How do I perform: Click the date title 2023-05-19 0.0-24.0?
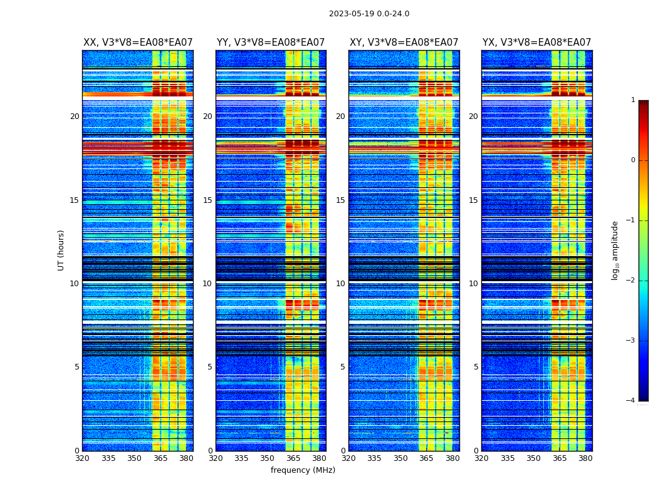[369, 14]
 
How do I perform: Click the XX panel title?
[138, 43]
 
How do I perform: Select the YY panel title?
[271, 43]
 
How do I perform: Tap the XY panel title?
[404, 43]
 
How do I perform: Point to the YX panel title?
[537, 43]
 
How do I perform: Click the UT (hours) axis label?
[61, 250]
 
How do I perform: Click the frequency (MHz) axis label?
[303, 470]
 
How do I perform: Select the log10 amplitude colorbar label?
[615, 250]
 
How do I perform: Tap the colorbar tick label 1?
[633, 100]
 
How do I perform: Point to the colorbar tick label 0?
[633, 160]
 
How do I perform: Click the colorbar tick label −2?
[632, 281]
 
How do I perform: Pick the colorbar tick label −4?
[632, 401]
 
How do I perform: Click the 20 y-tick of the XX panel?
[75, 116]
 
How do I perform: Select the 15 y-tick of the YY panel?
[207, 200]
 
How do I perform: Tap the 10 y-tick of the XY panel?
[340, 284]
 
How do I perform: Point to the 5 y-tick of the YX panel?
[476, 367]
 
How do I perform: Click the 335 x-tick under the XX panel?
[108, 458]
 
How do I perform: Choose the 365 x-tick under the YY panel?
[294, 458]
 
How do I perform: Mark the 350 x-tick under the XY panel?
[400, 458]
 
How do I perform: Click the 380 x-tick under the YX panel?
[585, 458]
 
